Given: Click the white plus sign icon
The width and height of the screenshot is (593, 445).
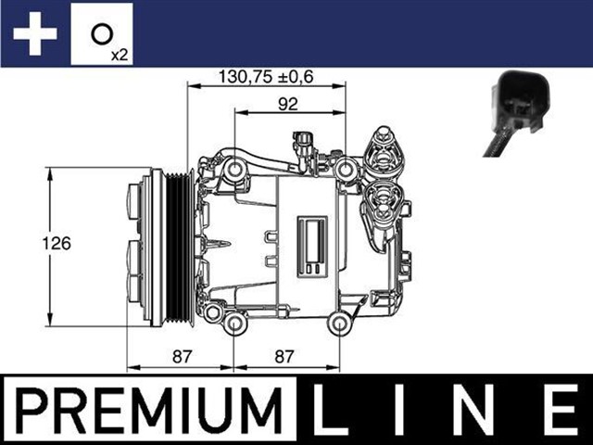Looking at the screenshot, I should coord(35,34).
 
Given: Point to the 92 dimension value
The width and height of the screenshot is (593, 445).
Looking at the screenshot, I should coord(290,103).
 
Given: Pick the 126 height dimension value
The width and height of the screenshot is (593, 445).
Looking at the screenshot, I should coord(58,244).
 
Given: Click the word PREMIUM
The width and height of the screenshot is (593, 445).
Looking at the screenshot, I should coord(147,409).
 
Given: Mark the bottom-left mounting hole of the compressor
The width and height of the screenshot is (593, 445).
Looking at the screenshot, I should coord(235,323).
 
